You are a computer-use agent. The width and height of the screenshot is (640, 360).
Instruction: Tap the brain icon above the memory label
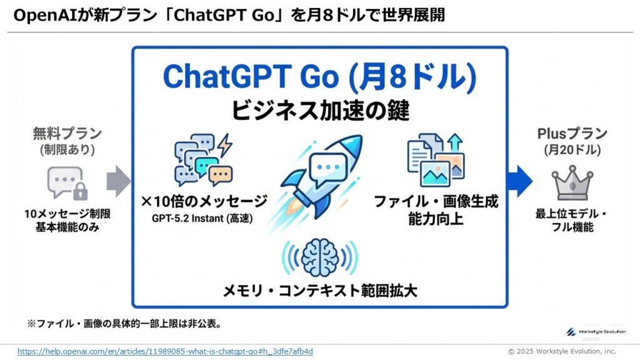pyautogui.click(x=320, y=257)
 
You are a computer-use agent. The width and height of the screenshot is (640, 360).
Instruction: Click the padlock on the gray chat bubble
pyautogui.click(x=81, y=191)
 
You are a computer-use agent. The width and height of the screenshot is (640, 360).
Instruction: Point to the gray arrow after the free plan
pyautogui.click(x=118, y=181)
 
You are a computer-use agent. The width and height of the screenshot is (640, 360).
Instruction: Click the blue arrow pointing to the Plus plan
pyautogui.click(x=519, y=181)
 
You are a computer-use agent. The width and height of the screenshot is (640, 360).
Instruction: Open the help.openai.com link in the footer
pyautogui.click(x=165, y=351)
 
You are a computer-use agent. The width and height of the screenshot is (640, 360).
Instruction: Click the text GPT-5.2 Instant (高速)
pyautogui.click(x=202, y=218)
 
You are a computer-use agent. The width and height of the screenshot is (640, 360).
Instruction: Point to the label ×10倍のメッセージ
pyautogui.click(x=204, y=201)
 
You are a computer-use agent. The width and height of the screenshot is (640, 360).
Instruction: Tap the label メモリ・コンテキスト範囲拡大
pyautogui.click(x=320, y=291)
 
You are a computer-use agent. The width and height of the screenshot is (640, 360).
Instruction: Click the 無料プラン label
pyautogui.click(x=67, y=134)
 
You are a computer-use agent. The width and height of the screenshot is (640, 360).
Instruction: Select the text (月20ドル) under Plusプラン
pyautogui.click(x=572, y=150)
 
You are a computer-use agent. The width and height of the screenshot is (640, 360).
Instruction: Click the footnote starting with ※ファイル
pyautogui.click(x=124, y=324)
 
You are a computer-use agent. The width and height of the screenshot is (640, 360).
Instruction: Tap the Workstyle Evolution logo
pyautogui.click(x=596, y=332)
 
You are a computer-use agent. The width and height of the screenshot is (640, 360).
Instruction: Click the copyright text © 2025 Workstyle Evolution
pyautogui.click(x=562, y=351)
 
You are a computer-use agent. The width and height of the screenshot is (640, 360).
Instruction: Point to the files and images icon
pyautogui.click(x=436, y=159)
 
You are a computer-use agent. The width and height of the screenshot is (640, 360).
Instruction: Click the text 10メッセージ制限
pyautogui.click(x=67, y=214)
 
